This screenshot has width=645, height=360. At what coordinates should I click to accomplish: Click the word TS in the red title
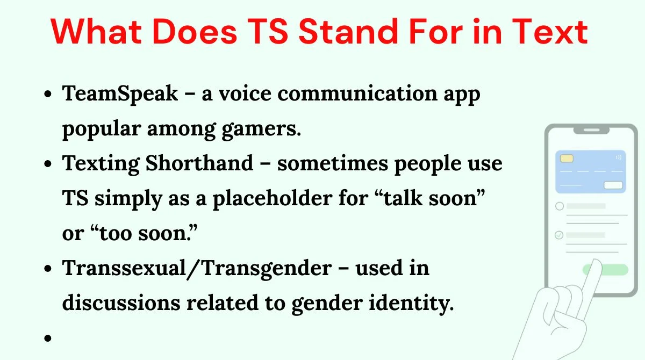268,31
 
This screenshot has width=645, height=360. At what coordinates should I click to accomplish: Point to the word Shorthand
199,163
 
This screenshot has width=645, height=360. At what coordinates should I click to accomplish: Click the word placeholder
273,199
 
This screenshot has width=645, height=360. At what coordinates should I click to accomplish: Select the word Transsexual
124,268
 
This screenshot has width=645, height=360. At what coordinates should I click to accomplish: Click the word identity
411,303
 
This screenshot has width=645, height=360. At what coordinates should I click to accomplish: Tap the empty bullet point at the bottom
48,338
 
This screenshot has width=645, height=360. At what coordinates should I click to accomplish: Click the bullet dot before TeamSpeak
48,94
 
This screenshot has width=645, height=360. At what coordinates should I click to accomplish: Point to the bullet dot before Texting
48,164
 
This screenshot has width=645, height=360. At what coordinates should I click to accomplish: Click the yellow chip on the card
567,159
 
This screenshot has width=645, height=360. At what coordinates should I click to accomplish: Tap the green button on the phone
605,270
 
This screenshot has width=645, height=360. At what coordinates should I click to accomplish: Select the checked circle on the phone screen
559,235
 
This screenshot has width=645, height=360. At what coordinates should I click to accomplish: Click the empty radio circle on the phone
560,206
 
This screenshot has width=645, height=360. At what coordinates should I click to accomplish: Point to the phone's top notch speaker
591,130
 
